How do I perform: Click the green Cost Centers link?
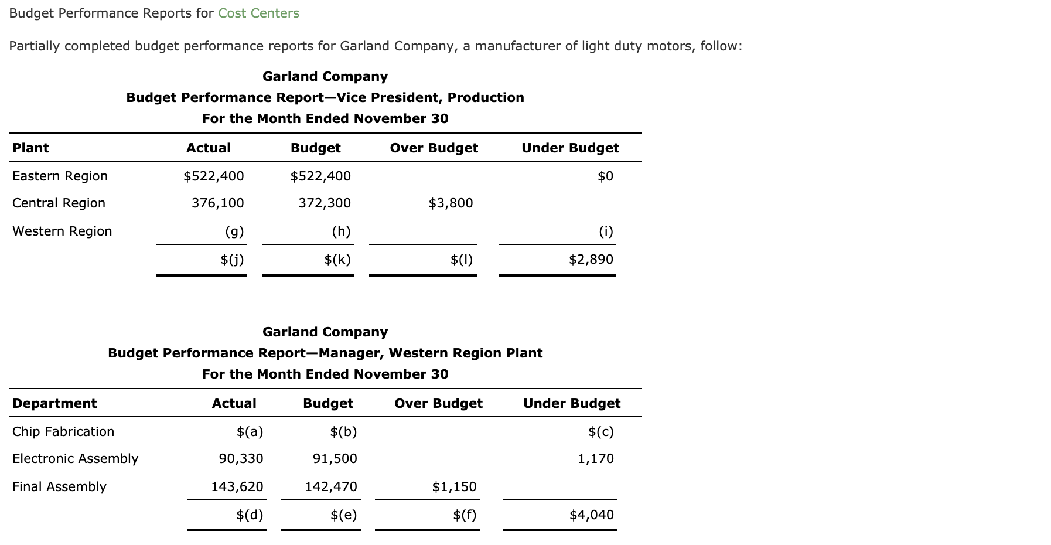(x=258, y=13)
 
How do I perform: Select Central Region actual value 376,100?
(x=217, y=203)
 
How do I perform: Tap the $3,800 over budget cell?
(x=451, y=203)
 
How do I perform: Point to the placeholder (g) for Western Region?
(x=234, y=231)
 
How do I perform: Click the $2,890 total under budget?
(x=591, y=259)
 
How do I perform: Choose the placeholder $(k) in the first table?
(x=337, y=259)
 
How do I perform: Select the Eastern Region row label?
(x=60, y=176)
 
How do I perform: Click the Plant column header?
(x=30, y=148)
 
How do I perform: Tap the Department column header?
(x=54, y=403)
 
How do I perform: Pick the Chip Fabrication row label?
(x=63, y=431)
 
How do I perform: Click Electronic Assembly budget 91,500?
(x=335, y=458)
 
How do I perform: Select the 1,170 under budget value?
(x=595, y=458)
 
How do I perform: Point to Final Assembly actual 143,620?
(x=237, y=486)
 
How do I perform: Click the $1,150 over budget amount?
(x=454, y=486)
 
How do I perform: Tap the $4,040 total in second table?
(x=591, y=515)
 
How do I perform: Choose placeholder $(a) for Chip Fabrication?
(x=250, y=431)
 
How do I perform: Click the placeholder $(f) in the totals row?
(x=465, y=515)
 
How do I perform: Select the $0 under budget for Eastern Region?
(x=605, y=176)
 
